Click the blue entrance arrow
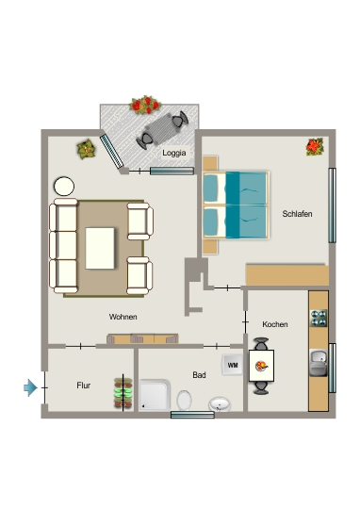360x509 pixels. coord(30,387)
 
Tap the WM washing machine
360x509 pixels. coord(233,365)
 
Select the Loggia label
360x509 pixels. coord(174,153)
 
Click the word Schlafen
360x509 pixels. coord(297,214)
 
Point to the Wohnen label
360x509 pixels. coord(123,317)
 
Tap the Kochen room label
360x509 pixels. coord(275,324)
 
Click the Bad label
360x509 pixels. coord(199,375)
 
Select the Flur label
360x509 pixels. coord(84,386)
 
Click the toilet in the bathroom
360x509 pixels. coord(185,400)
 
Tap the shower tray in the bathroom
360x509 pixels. coord(155,395)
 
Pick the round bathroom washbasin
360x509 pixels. coord(220,403)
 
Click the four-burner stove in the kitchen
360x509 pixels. coord(319,319)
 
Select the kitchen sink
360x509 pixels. coord(319,363)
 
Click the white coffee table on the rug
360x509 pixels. coord(100,248)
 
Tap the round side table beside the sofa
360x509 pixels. coord(64,187)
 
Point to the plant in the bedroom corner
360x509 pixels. coord(315,147)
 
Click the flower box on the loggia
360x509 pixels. coord(145,105)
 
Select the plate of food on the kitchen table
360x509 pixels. coord(261,366)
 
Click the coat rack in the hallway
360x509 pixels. coord(123,392)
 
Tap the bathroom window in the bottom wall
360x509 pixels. coord(192,415)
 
